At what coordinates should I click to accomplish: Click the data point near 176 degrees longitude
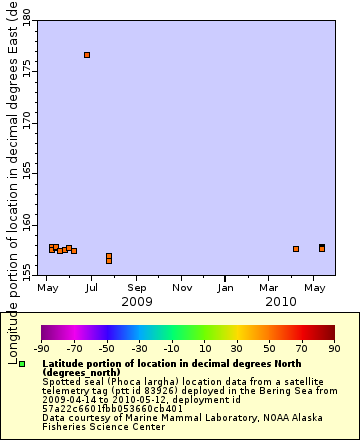click(87, 54)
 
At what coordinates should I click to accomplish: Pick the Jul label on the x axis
click(91, 288)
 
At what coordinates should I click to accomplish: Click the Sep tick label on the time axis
click(136, 288)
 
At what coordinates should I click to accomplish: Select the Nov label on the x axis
click(181, 288)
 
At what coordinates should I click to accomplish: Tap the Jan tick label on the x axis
click(226, 288)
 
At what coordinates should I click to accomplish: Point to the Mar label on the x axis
click(269, 288)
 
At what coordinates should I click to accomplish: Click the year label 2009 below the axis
click(136, 301)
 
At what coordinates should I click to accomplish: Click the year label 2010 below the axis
click(281, 301)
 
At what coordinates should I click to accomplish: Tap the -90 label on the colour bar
click(41, 348)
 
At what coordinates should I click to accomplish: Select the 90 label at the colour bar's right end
click(334, 348)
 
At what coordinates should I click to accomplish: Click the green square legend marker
click(22, 365)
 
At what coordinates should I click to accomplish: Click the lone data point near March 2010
click(296, 249)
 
